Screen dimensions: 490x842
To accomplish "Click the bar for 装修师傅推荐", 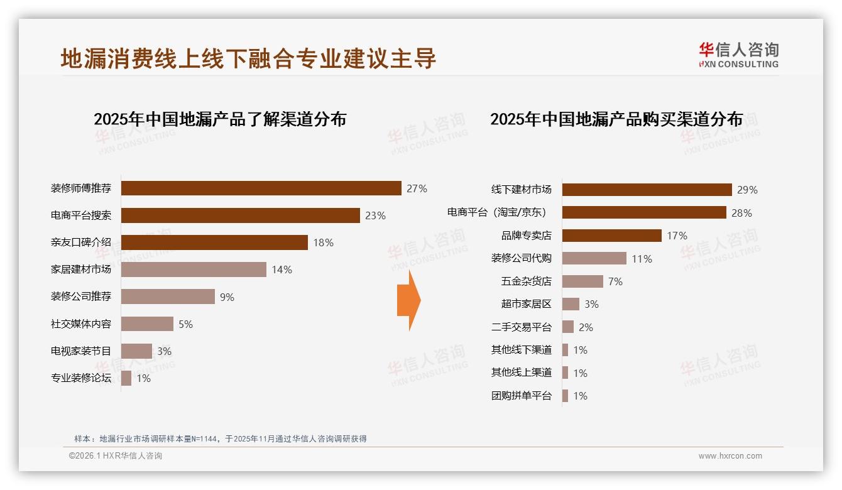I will coord(261,188).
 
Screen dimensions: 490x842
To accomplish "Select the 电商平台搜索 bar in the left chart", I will coord(240,215).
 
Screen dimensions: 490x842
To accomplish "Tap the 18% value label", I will coord(323,242).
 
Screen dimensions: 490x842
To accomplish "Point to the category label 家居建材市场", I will coord(81,269).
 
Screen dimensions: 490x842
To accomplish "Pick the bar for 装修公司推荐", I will coord(168,297).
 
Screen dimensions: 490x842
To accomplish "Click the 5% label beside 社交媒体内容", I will coord(185,324).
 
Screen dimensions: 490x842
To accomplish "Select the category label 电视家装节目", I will coord(81,351).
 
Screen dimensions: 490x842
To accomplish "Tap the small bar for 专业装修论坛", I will coord(126,378).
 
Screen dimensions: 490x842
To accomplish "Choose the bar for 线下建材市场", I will coord(647,190).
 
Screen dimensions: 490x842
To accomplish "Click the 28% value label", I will coord(741,213).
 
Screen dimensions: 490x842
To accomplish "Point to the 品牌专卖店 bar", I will coord(611,236).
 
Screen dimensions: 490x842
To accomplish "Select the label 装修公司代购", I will coord(521,258).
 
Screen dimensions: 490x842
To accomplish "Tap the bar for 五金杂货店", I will coord(582,281).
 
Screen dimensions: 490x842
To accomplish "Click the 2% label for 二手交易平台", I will coord(586,327).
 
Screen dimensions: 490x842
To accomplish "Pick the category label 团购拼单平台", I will coord(521,396).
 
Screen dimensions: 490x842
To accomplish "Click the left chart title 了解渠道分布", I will coord(220,119).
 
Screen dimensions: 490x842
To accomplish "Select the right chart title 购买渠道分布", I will coord(616,119).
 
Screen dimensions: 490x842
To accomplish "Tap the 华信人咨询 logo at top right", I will coord(738,55).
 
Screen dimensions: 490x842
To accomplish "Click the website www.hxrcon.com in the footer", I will coord(730,456).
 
